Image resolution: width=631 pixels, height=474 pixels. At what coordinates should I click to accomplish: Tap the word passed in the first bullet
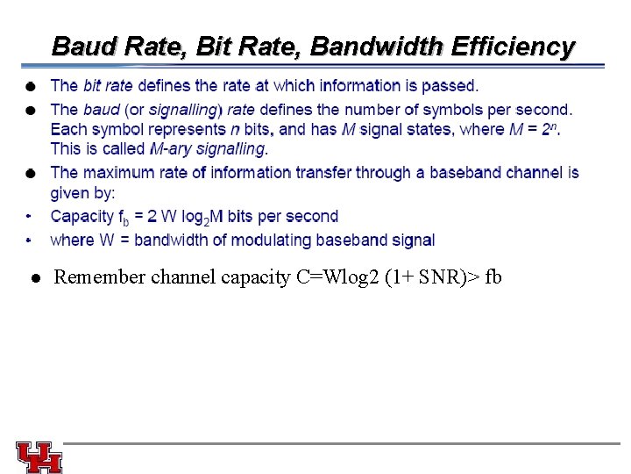[x=452, y=86]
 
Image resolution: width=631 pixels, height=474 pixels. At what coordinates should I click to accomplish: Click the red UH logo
[x=39, y=456]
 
